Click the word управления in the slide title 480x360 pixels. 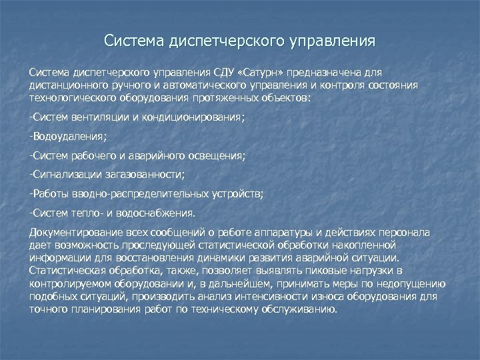(333, 41)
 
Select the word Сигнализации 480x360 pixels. (67, 175)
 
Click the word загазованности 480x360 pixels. (145, 175)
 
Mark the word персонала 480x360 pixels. (406, 233)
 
